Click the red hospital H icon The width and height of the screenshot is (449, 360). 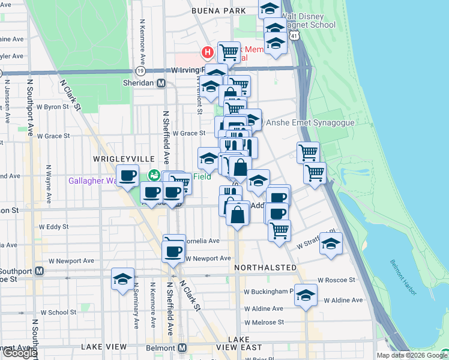[208, 52]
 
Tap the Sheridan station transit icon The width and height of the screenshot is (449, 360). [161, 83]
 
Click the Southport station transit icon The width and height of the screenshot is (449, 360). [40, 271]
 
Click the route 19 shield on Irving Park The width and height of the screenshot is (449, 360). [140, 70]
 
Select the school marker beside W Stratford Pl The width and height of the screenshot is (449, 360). [330, 244]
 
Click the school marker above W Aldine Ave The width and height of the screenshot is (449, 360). [306, 295]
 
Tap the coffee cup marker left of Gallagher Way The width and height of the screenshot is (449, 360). [127, 176]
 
